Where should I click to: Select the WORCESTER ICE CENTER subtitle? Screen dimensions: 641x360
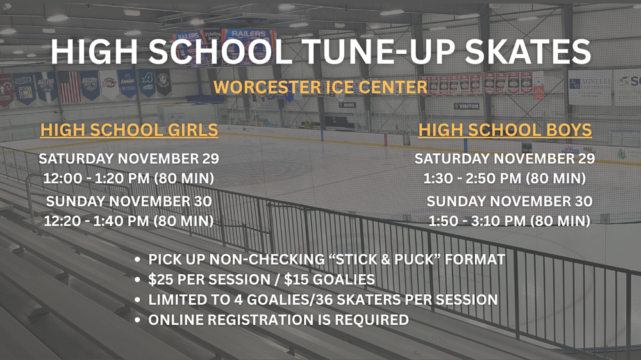pos(320,87)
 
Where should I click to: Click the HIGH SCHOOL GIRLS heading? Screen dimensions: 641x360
pos(129,130)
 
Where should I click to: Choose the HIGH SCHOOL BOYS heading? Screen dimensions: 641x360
pos(505,130)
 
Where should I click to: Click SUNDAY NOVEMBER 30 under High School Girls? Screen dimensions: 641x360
pos(129,201)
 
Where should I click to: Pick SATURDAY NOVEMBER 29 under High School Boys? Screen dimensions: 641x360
pos(505,159)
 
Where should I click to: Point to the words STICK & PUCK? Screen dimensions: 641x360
pos(385,259)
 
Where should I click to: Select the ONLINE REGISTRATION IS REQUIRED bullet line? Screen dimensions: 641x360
pos(278,320)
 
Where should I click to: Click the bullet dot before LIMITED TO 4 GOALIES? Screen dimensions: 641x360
pos(137,300)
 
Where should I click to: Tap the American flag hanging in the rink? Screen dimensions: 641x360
pos(69,87)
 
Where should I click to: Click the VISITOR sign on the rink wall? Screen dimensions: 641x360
pos(467,106)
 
